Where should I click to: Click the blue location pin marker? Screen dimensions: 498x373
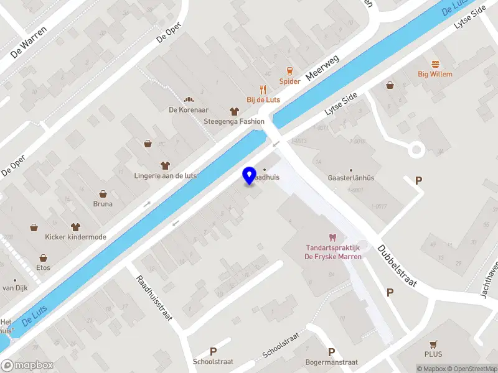(x=250, y=175)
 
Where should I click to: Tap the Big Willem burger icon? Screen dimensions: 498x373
(x=435, y=63)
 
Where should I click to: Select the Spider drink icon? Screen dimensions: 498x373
(x=289, y=71)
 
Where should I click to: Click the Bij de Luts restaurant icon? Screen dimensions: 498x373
(x=263, y=89)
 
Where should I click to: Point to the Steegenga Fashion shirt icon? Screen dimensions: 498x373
(x=234, y=111)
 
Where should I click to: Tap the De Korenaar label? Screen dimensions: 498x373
(x=187, y=110)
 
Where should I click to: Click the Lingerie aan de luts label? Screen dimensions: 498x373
(x=165, y=176)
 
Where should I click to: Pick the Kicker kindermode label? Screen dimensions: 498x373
(x=75, y=237)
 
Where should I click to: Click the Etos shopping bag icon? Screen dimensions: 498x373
(x=43, y=257)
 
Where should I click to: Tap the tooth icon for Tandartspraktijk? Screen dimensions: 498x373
(x=332, y=237)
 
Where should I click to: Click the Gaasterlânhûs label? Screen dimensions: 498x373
(x=351, y=178)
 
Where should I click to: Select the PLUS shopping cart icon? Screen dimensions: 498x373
(x=434, y=344)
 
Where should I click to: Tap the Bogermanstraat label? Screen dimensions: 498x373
(x=331, y=362)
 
